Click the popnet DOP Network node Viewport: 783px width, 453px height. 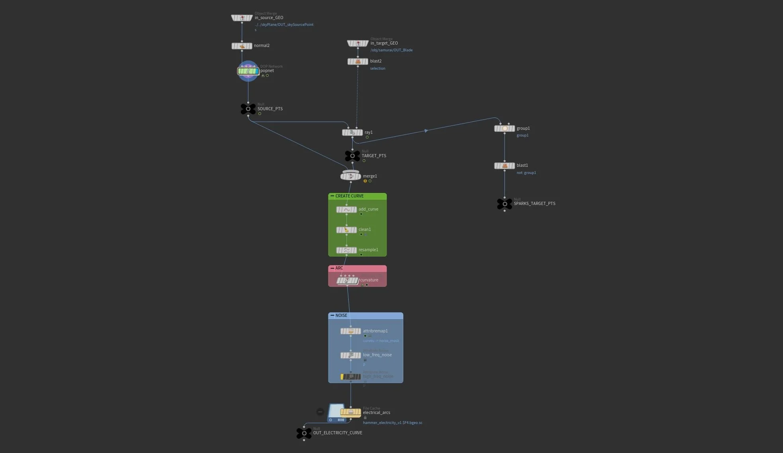pyautogui.click(x=248, y=71)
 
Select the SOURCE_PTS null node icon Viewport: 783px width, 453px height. pyautogui.click(x=248, y=109)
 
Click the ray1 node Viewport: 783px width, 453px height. pyautogui.click(x=352, y=133)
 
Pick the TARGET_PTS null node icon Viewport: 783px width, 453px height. pyautogui.click(x=352, y=156)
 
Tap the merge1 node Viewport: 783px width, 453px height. pyautogui.click(x=351, y=176)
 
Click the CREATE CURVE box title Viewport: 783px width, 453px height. pyautogui.click(x=349, y=196)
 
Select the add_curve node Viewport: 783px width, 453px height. pyautogui.click(x=346, y=209)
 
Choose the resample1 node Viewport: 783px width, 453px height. pyautogui.click(x=346, y=250)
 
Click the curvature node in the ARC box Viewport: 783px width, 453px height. pyautogui.click(x=348, y=280)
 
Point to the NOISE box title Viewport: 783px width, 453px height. pyautogui.click(x=341, y=315)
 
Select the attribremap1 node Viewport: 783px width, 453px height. pyautogui.click(x=351, y=331)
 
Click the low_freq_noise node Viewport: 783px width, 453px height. pyautogui.click(x=351, y=355)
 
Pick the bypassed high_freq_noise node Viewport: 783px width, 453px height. pyautogui.click(x=351, y=377)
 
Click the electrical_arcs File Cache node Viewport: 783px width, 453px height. pyautogui.click(x=350, y=412)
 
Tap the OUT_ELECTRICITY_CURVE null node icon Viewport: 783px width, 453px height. pyautogui.click(x=304, y=433)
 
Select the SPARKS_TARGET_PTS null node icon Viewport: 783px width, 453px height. pyautogui.click(x=504, y=204)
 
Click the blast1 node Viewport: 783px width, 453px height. pyautogui.click(x=504, y=166)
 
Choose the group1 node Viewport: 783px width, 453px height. pyautogui.click(x=504, y=129)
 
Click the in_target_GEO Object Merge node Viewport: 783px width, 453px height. pyautogui.click(x=357, y=43)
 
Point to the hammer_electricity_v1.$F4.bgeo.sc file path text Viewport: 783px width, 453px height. pyautogui.click(x=392, y=423)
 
